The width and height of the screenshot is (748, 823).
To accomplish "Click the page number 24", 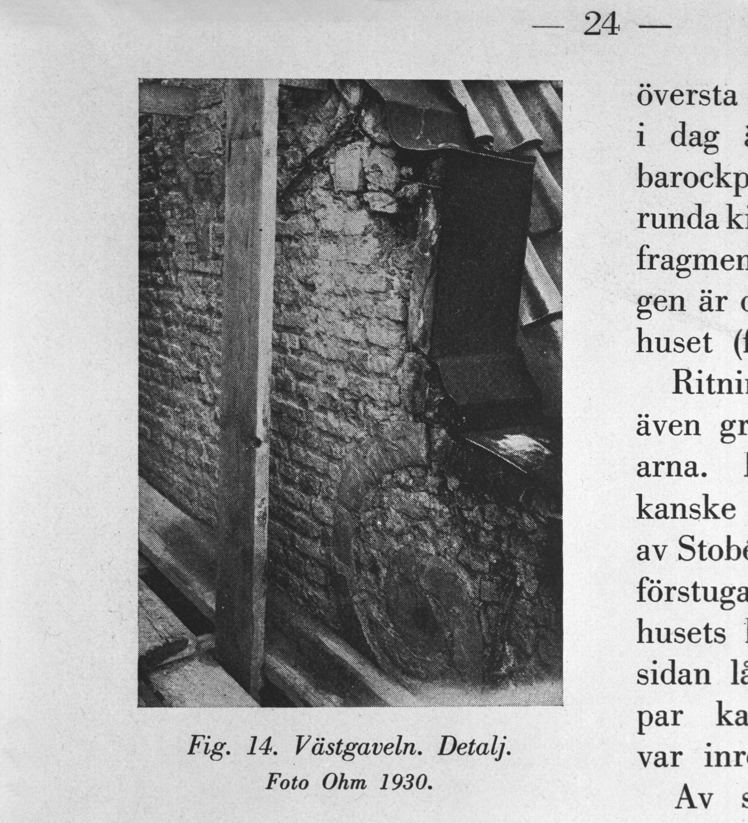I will pos(602,25).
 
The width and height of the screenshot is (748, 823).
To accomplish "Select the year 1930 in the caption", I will pos(404,783).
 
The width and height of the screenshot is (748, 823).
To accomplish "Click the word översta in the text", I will pos(685,97).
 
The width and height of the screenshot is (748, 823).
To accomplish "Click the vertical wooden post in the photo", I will pos(245,368).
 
